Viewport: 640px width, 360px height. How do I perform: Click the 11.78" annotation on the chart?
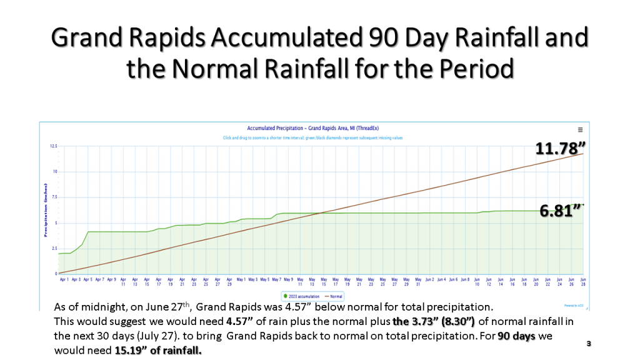560,149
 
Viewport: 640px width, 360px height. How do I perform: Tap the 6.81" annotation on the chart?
562,211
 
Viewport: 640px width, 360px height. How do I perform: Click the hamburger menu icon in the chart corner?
580,129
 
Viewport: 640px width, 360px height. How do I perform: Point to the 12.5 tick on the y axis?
53,146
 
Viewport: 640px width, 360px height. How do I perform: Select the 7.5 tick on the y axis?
53,197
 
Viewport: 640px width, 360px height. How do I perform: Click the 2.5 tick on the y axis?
53,248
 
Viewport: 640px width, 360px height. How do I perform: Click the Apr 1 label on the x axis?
64,279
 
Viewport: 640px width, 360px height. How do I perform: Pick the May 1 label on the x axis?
241,279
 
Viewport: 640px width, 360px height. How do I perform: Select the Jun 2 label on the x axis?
429,279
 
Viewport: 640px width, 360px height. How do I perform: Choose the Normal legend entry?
335,296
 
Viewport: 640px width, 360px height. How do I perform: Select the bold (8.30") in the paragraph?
456,322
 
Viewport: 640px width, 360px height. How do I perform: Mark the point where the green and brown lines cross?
320,213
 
